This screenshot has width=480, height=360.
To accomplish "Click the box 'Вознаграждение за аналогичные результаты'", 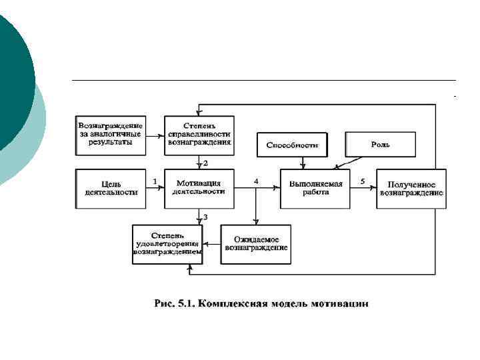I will pyautogui.click(x=110, y=135).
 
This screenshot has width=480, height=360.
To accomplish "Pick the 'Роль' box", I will pyautogui.click(x=380, y=144).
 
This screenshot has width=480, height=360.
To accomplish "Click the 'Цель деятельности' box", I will pyautogui.click(x=111, y=189).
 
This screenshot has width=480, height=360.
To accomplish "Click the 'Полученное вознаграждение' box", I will pyautogui.click(x=411, y=189).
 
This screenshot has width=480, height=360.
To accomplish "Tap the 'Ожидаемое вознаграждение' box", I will pyautogui.click(x=255, y=244).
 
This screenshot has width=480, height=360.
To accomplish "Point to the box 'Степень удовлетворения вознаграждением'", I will pyautogui.click(x=167, y=244).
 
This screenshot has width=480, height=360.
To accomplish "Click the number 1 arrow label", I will pyautogui.click(x=155, y=181).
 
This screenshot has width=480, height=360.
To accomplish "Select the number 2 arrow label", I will pyautogui.click(x=206, y=163).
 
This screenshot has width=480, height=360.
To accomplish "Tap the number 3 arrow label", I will pyautogui.click(x=205, y=217).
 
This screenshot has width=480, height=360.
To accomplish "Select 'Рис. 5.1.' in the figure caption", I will pyautogui.click(x=175, y=304).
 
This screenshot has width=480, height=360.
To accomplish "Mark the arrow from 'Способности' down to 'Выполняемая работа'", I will pyautogui.click(x=303, y=162).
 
